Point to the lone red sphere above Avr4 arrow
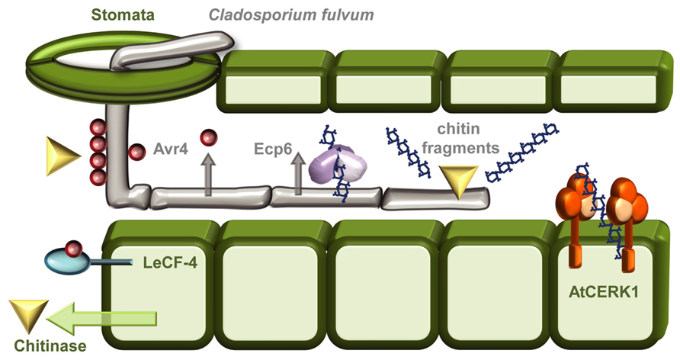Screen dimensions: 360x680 [x=207, y=137]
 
